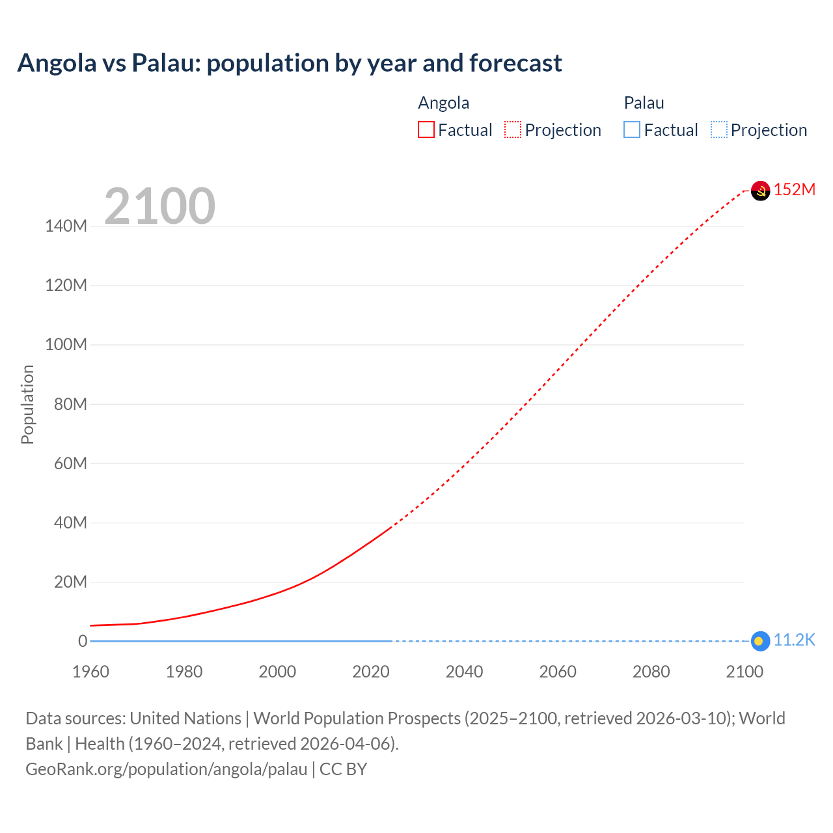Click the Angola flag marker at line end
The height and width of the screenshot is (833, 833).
click(x=760, y=191)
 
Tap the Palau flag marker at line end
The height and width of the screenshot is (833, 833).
click(x=759, y=641)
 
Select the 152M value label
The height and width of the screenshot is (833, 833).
click(x=795, y=189)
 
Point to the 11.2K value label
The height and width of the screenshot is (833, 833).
click(x=794, y=640)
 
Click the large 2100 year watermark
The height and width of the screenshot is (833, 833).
click(x=159, y=206)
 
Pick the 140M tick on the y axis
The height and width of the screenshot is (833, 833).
click(x=66, y=226)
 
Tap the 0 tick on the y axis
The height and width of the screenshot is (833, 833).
click(x=83, y=641)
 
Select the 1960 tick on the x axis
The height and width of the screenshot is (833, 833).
click(x=90, y=672)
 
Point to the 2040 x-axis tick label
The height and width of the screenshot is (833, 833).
click(x=464, y=672)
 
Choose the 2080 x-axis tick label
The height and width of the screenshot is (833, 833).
click(x=651, y=672)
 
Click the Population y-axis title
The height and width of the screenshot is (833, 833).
click(x=27, y=404)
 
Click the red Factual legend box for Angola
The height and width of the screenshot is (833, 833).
click(x=426, y=130)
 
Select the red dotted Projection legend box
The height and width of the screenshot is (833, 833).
click(x=513, y=130)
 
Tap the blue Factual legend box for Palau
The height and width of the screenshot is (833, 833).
click(x=632, y=130)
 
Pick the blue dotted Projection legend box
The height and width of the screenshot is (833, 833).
click(x=719, y=130)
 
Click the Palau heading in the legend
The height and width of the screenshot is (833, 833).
click(x=644, y=103)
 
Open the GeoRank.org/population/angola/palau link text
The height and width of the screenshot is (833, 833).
click(x=166, y=769)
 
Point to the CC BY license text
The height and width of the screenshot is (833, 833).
click(x=344, y=769)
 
